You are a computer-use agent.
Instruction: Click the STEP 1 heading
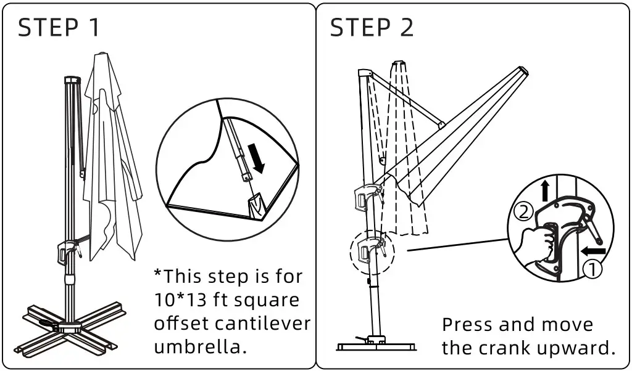pos(59,28)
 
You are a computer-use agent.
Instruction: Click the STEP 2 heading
pos(372,28)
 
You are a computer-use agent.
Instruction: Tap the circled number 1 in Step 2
pos(592,269)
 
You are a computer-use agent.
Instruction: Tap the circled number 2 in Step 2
pos(523,213)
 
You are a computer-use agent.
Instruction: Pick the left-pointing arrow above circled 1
pos(592,251)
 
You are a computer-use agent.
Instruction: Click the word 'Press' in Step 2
pos(466,325)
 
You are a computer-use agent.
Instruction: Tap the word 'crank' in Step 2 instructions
pos(506,348)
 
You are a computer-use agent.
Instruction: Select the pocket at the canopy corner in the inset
pos(257,205)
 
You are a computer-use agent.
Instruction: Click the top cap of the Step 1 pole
pos(73,80)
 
